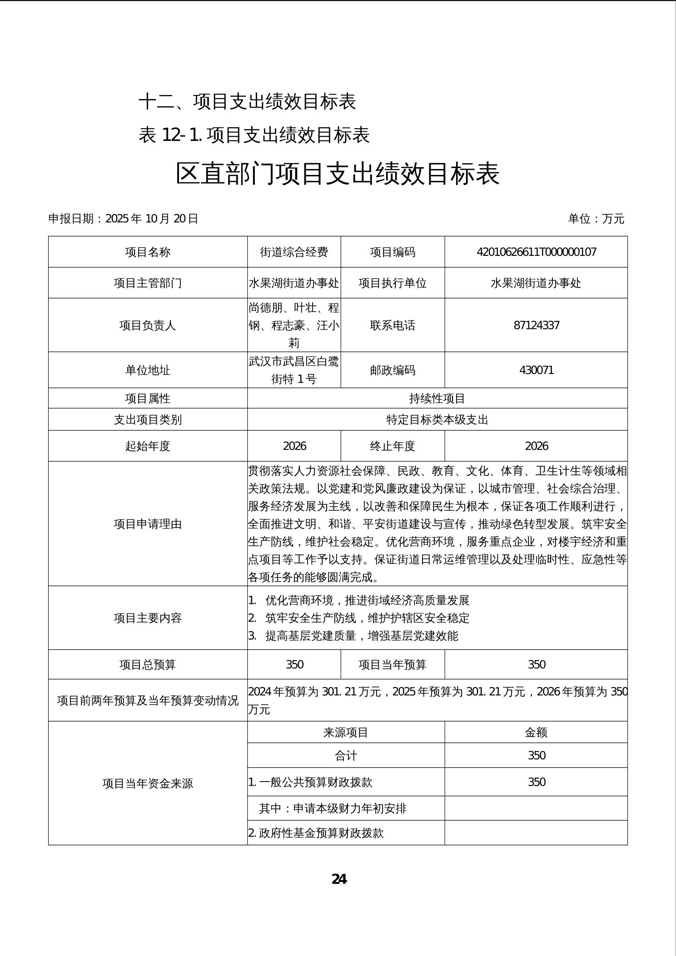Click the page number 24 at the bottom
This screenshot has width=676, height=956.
tap(339, 879)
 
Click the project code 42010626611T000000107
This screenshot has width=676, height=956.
tap(536, 252)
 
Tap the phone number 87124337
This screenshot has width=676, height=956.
tap(536, 325)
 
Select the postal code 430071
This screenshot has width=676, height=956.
tap(536, 370)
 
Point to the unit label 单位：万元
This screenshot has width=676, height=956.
tap(596, 219)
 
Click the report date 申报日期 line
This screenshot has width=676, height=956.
tap(124, 219)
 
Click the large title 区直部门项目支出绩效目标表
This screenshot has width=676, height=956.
tap(338, 174)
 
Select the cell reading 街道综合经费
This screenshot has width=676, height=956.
tap(294, 252)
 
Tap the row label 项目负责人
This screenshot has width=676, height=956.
tap(148, 325)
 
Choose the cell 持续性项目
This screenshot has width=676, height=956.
tap(437, 398)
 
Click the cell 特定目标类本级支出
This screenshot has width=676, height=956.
tap(437, 419)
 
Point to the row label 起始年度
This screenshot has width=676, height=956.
tap(148, 446)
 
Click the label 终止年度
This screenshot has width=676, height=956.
tap(393, 446)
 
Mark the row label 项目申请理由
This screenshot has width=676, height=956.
tap(148, 524)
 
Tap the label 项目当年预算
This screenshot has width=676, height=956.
tap(393, 665)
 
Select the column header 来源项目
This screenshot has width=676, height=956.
tap(346, 732)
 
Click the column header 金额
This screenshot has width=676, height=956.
tap(536, 732)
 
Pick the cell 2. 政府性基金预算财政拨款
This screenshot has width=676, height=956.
tap(316, 833)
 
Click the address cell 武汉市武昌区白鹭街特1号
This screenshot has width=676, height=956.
tap(294, 370)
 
